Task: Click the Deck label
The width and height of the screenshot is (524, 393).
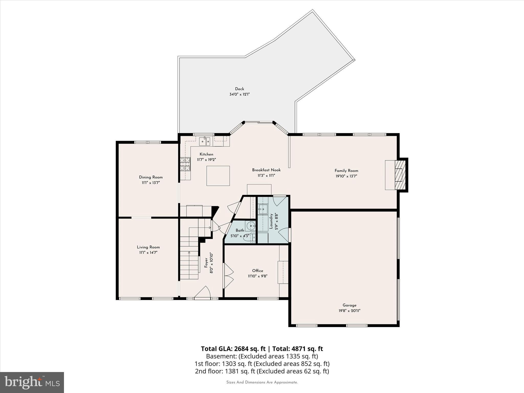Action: (x=239, y=89)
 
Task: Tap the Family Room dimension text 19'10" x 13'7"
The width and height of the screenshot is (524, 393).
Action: (x=346, y=176)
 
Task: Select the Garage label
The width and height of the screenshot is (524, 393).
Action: (x=350, y=305)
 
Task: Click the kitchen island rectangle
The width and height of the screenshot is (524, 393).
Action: (x=218, y=176)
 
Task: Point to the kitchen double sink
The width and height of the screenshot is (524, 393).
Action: (x=205, y=141)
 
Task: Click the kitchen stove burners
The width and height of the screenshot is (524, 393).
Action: (x=185, y=164)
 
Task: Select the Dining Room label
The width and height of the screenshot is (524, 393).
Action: (x=151, y=177)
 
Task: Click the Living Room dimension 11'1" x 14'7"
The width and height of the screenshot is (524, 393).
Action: (x=148, y=253)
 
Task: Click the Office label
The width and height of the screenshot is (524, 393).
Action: (x=257, y=270)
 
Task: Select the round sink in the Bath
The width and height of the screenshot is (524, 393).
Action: (x=250, y=226)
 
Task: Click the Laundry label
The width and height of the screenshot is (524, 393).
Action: (x=271, y=221)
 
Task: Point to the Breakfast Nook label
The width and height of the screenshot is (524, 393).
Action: (x=266, y=170)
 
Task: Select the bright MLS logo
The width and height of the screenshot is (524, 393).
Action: (x=32, y=382)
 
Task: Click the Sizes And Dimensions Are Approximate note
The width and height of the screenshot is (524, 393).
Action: (x=262, y=382)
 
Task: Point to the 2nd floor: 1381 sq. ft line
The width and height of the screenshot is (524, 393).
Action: (x=262, y=371)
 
